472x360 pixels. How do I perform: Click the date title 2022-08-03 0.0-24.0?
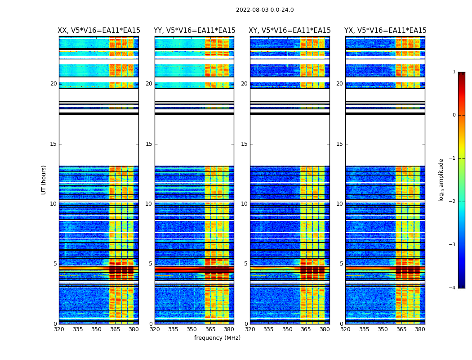(x=265, y=10)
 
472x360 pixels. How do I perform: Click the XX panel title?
(x=99, y=31)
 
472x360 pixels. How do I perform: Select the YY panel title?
(x=194, y=31)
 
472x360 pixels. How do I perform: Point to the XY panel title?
(x=290, y=31)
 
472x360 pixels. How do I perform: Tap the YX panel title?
(x=385, y=31)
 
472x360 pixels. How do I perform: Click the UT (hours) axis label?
(x=44, y=180)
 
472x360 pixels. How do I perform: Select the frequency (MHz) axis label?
(x=217, y=338)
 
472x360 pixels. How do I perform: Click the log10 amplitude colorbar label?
(x=441, y=180)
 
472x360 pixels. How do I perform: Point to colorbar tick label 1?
(x=454, y=72)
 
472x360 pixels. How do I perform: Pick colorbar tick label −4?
(x=453, y=288)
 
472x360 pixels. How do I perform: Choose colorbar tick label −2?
(x=453, y=202)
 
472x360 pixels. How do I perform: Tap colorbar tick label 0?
(x=454, y=115)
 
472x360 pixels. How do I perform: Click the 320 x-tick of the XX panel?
(x=59, y=329)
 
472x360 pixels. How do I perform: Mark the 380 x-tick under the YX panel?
(x=420, y=329)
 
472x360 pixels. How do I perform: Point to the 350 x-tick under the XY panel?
(x=287, y=329)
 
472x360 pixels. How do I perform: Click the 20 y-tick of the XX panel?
(x=53, y=84)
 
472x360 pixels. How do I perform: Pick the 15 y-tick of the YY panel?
(x=149, y=144)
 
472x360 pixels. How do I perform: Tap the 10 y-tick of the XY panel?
(x=244, y=204)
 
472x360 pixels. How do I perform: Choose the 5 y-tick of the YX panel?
(x=341, y=264)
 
